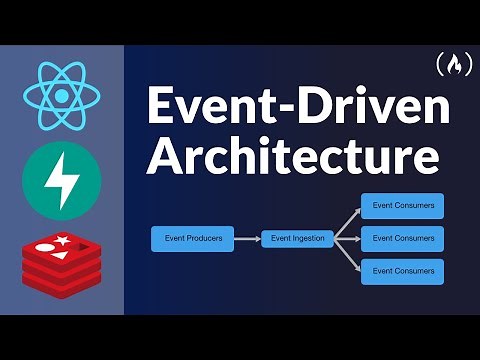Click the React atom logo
point(61,95)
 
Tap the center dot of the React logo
point(61,95)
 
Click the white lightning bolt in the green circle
point(61,180)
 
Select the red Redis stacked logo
point(61,262)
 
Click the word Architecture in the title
point(294,160)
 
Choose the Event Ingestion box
point(297,239)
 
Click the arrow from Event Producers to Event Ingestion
point(247,239)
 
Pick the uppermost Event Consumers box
point(402,206)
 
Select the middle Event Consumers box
point(402,239)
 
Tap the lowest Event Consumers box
point(402,271)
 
